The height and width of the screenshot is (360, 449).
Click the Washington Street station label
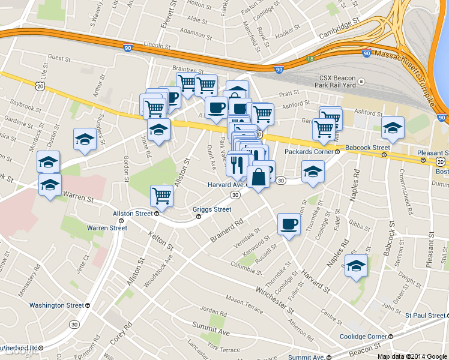point(56,305)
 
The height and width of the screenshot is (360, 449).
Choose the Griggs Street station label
point(211,209)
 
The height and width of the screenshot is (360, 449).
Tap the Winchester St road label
point(274,301)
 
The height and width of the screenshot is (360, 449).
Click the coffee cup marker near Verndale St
point(289,224)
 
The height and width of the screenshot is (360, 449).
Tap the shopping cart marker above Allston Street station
point(162,195)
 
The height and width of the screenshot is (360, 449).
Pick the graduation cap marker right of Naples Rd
point(356,265)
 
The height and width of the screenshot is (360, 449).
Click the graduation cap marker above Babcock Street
point(393,128)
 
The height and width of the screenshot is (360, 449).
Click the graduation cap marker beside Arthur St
point(85,140)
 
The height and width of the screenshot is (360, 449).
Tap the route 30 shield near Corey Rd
point(74,324)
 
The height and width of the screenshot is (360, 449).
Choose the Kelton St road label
point(161,240)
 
